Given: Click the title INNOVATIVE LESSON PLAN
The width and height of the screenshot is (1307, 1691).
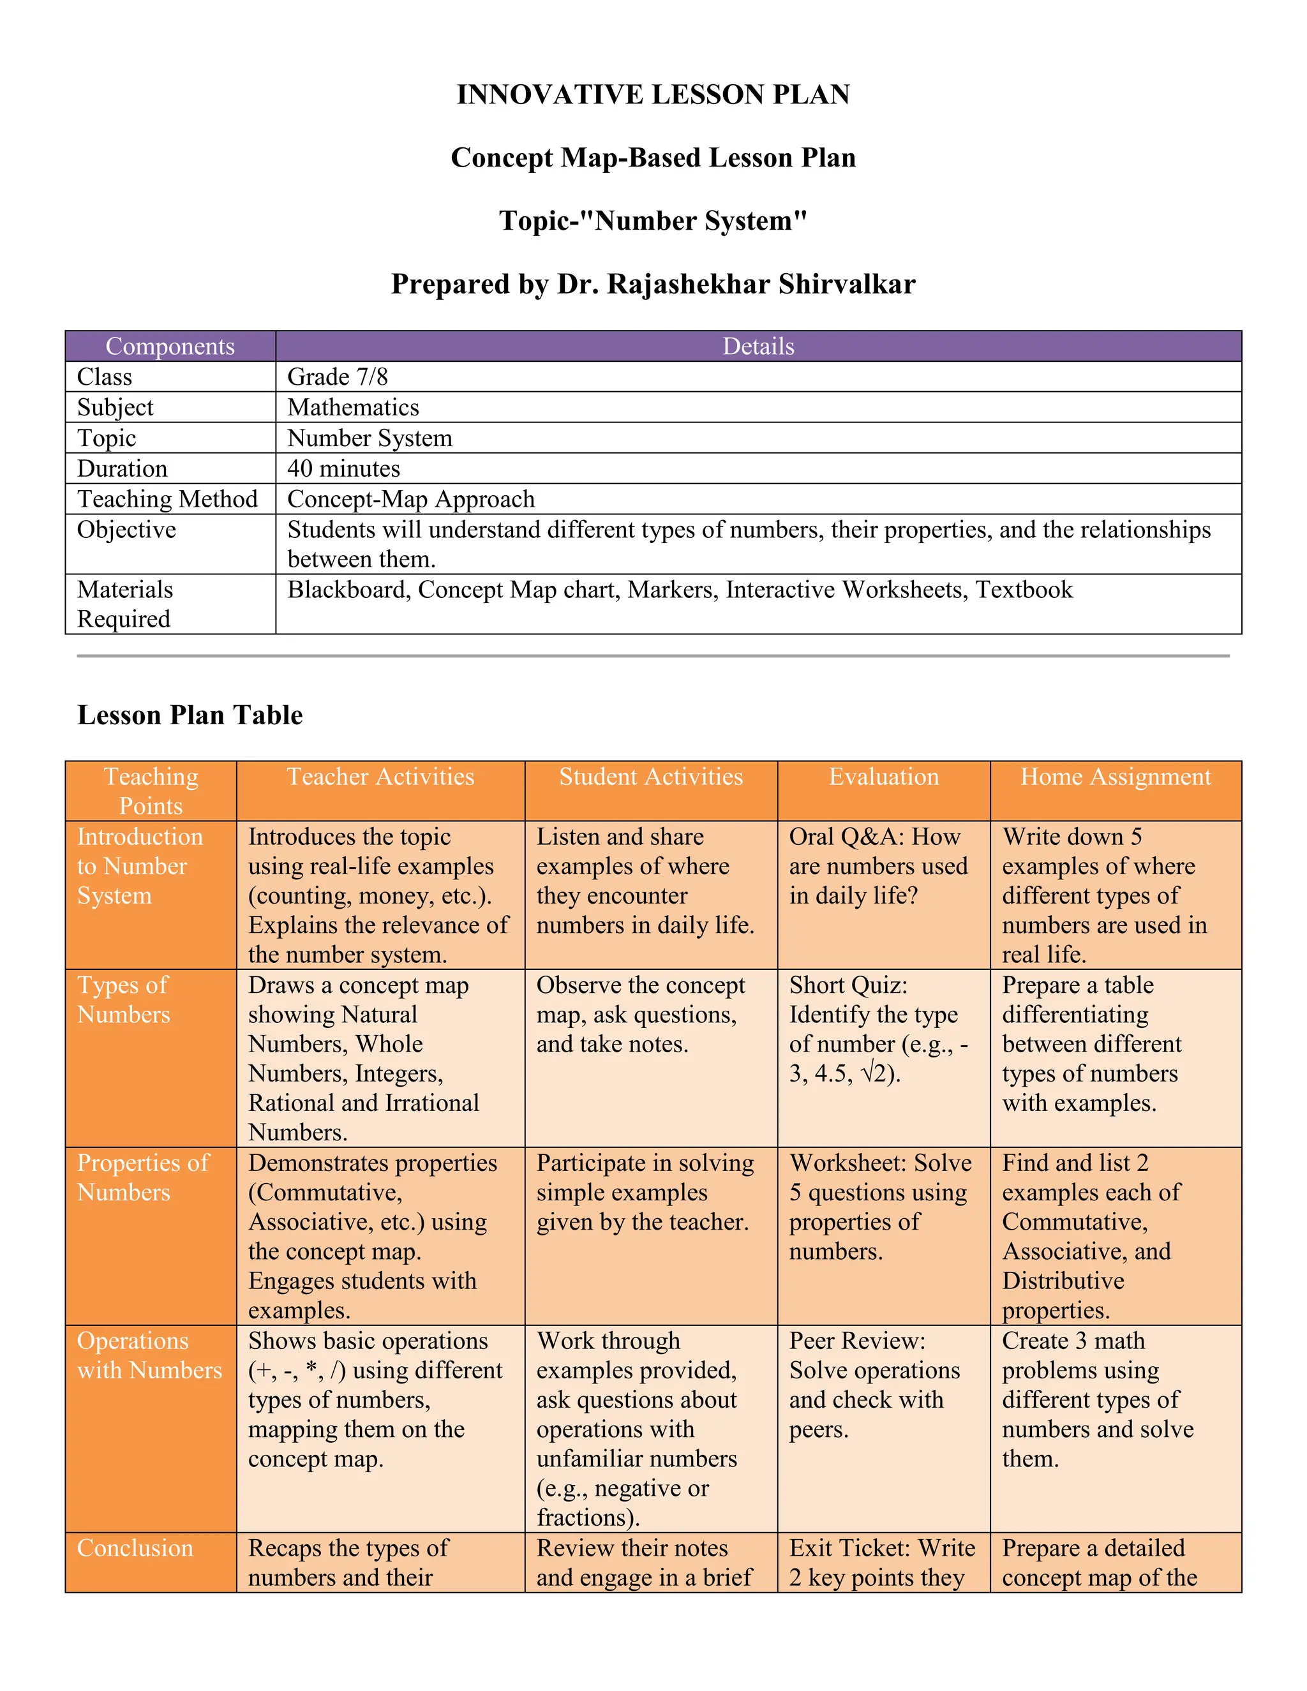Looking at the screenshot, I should click(653, 94).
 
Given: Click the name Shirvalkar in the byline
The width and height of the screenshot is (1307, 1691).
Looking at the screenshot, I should click(846, 284).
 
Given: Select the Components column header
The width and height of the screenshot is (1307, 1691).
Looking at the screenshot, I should click(170, 346).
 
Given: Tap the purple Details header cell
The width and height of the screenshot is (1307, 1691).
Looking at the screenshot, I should click(758, 346).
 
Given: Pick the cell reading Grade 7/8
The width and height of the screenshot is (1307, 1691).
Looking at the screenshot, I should click(338, 377).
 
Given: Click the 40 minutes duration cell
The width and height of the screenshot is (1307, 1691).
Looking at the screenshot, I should click(344, 468).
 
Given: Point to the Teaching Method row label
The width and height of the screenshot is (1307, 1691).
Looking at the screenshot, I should click(167, 500).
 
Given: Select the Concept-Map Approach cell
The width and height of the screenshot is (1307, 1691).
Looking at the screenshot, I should click(411, 500).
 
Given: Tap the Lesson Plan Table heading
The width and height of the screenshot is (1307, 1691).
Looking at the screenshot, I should click(190, 715).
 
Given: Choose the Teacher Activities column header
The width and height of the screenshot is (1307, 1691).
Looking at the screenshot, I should click(380, 777).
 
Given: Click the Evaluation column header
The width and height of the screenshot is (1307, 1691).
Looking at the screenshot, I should click(883, 777).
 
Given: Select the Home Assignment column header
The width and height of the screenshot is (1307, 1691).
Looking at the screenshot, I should click(1115, 777).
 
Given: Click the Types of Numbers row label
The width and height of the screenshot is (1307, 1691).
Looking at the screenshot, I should click(123, 999).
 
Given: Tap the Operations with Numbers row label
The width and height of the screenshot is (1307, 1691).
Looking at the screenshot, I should click(149, 1356).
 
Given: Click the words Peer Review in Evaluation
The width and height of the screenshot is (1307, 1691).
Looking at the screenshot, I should click(856, 1341).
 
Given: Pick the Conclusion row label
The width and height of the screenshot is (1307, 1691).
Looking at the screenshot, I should click(135, 1549).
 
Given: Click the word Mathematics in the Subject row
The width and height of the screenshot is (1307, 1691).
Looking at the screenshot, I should click(353, 407).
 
